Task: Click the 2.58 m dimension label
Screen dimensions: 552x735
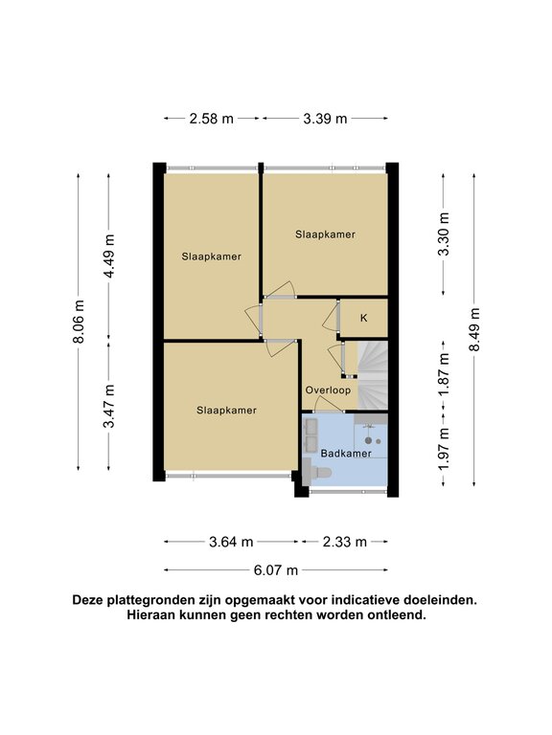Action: point(211,119)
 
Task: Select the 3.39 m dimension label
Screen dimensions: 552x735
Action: point(325,119)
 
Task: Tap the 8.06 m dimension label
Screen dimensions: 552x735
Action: point(79,322)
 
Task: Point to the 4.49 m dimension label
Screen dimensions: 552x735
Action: point(109,256)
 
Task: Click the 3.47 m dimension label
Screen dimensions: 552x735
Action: point(109,406)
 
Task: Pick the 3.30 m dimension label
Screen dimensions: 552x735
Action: point(443,234)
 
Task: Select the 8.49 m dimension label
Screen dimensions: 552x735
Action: point(474,329)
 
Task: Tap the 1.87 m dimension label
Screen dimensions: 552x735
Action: point(443,375)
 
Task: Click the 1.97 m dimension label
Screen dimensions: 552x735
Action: point(443,449)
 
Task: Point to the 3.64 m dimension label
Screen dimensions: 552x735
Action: point(231,542)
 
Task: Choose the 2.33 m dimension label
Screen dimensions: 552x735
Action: point(345,542)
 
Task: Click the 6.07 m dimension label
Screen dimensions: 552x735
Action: point(276,570)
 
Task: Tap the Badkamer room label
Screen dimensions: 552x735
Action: point(346,454)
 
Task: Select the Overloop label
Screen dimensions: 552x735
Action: point(328,390)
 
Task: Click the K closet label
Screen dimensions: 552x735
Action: point(364,319)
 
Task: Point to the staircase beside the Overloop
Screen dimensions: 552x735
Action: point(373,375)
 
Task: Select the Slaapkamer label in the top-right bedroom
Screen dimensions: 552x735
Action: point(325,234)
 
